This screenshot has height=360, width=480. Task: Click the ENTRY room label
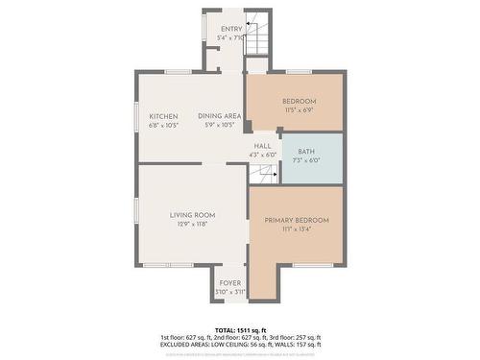231,30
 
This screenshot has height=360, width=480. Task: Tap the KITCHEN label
163,116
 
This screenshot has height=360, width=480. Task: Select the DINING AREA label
219,116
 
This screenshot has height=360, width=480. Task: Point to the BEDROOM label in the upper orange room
298,102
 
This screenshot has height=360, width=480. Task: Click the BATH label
306,152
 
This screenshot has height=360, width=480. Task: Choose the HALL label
262,146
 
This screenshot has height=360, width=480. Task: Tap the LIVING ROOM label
192,215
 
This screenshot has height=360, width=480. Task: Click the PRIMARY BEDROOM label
297,220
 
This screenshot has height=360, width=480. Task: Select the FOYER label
230,283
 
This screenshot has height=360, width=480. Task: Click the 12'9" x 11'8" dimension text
192,224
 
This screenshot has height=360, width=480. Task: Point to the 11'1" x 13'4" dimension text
297,229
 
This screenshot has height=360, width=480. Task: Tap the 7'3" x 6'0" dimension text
306,160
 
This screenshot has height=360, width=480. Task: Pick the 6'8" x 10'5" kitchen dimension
163,125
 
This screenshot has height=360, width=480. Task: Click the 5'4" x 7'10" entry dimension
231,38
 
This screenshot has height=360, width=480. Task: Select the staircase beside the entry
255,39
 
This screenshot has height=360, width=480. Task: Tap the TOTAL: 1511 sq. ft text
240,329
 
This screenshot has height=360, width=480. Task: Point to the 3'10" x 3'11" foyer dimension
230,292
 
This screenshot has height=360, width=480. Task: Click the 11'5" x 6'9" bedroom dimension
298,110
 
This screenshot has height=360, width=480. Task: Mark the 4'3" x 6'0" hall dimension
262,155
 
